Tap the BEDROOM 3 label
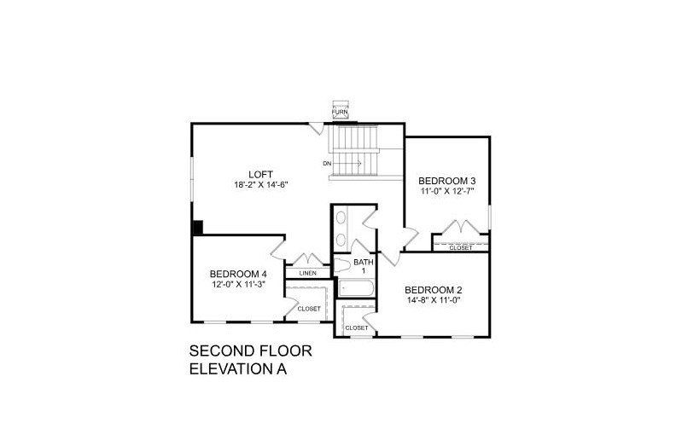coord(446,181)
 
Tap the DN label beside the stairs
coord(327,163)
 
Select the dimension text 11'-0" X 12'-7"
coord(446,192)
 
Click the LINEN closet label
coord(307,273)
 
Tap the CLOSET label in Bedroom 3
coord(460,248)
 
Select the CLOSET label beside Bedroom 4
coord(308,309)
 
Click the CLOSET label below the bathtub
coord(356,327)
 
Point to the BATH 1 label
coord(364,266)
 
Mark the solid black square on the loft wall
coord(196,228)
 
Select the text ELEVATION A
coord(236,369)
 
